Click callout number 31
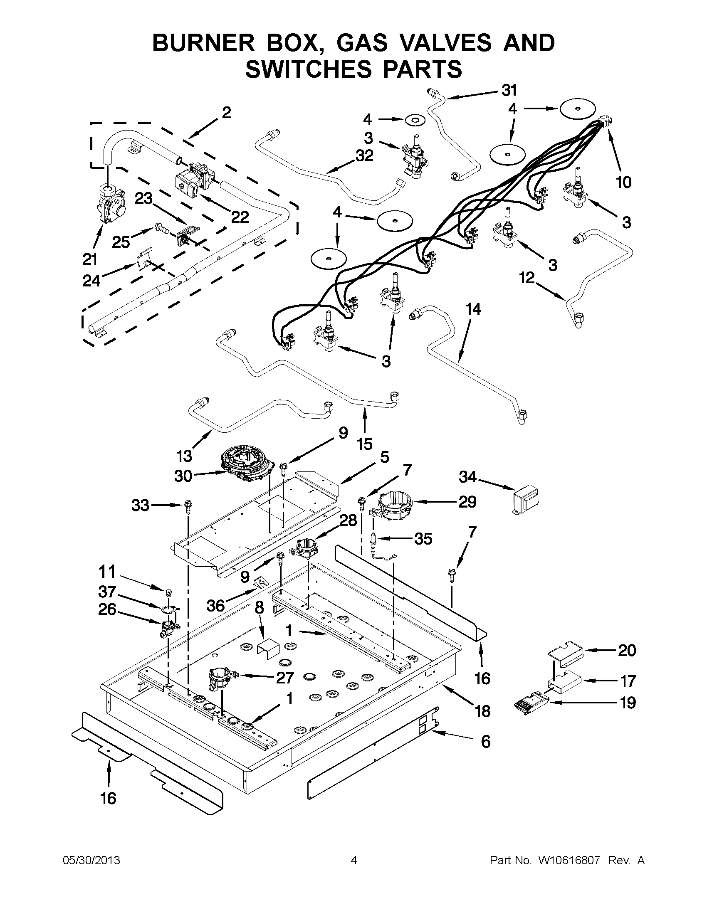tap(509, 91)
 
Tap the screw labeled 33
tap(187, 506)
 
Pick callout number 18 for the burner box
tap(482, 710)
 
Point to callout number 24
tap(91, 280)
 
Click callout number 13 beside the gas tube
tap(184, 455)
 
